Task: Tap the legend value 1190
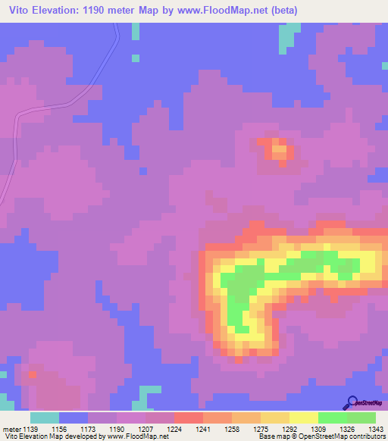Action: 117,428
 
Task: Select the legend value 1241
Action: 202,428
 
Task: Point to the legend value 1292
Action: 289,428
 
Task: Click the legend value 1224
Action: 174,428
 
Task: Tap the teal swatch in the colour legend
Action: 45,418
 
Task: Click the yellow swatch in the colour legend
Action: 303,418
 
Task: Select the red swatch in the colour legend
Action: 188,418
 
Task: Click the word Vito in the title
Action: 21,11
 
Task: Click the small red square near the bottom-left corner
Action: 32,373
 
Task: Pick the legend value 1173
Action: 88,428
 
